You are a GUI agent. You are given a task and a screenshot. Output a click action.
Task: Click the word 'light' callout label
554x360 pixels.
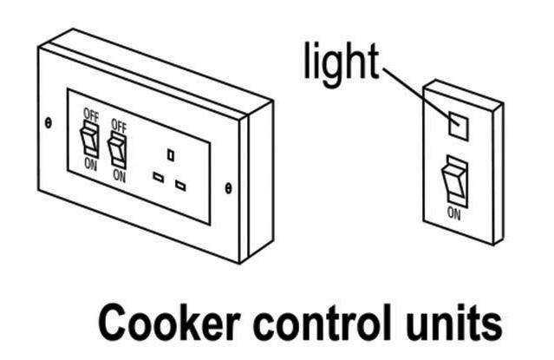(x=340, y=62)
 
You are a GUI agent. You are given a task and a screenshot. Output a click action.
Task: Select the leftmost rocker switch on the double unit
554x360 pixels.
(x=90, y=139)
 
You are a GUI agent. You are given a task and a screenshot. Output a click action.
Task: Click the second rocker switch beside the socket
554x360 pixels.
(x=117, y=147)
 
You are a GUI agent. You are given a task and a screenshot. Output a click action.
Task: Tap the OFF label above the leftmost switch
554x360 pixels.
(x=90, y=114)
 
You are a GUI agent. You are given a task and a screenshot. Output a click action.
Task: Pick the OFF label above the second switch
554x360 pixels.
(x=119, y=126)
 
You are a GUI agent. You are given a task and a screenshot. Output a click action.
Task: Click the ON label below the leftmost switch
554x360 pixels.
(x=89, y=164)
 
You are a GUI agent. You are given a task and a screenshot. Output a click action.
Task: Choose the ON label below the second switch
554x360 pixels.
(x=119, y=175)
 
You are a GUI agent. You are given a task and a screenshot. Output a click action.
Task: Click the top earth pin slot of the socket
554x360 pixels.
(x=170, y=154)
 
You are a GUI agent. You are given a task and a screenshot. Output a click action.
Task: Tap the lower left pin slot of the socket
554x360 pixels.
(x=159, y=176)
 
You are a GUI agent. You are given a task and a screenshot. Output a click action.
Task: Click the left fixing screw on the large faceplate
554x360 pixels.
(x=49, y=124)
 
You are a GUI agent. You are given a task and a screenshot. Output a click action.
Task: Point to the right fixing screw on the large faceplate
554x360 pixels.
(x=228, y=187)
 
